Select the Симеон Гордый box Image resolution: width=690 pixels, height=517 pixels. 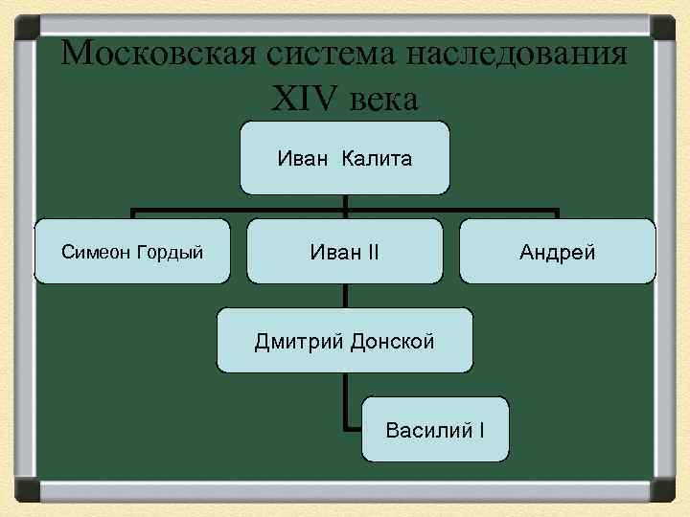(132, 252)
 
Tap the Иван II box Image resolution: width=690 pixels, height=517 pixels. (345, 252)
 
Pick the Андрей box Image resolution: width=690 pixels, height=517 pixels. (558, 252)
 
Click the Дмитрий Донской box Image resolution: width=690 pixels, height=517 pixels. (345, 340)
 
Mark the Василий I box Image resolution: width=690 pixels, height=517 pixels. (435, 428)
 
